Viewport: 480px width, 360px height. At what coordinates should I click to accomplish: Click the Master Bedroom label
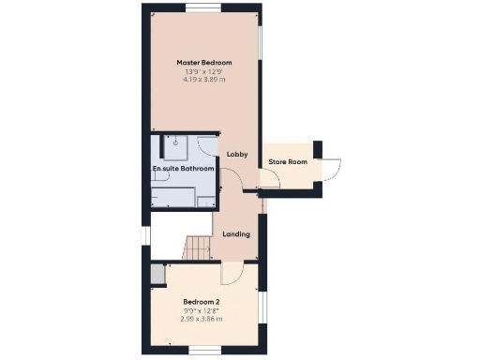click(204, 63)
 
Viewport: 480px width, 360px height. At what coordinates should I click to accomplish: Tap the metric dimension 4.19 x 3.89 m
click(204, 80)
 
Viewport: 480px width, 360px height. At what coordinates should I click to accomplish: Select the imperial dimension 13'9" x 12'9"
click(204, 71)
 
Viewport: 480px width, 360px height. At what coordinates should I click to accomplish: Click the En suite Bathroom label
click(184, 169)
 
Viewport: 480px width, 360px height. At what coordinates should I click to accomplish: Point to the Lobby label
click(236, 154)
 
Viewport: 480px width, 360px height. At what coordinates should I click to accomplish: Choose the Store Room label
click(288, 162)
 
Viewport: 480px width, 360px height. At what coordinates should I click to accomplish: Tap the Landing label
click(236, 233)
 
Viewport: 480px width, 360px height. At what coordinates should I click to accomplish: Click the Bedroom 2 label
click(204, 301)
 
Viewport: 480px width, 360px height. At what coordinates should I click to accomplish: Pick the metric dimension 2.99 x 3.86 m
click(204, 319)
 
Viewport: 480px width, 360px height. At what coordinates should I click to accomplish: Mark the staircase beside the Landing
click(197, 248)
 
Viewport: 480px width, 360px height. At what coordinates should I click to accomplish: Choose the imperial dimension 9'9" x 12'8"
click(204, 310)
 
